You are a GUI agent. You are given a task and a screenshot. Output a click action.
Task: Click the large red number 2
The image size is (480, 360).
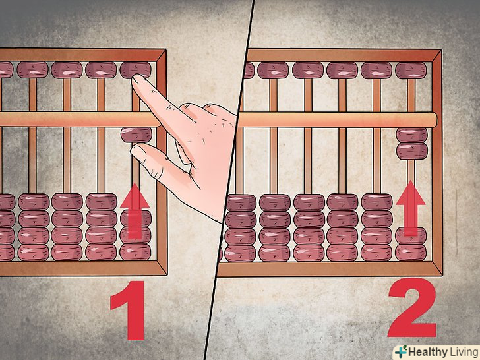412,307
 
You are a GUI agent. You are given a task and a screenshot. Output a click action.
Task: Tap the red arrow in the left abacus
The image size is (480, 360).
135,210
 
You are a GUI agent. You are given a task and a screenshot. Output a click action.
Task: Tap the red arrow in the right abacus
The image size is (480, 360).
411,208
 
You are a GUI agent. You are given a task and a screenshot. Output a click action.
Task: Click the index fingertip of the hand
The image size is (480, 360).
137,80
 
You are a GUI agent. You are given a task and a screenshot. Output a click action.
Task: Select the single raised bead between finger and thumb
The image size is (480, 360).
136,135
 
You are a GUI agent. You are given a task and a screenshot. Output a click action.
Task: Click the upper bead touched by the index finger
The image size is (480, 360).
135,70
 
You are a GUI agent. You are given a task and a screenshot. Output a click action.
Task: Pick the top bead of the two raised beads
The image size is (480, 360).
411,135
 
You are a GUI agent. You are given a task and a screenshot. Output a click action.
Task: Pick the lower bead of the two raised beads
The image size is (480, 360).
411,151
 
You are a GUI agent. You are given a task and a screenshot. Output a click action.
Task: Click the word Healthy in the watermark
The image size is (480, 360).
427,352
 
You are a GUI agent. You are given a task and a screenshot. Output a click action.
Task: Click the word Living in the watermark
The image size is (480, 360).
464,352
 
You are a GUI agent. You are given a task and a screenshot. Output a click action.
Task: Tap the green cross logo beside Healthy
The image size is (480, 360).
401,351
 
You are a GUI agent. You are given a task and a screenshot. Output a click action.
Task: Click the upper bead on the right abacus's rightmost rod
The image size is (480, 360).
411,71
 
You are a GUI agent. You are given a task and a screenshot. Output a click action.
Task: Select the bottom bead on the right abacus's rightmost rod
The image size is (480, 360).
411,253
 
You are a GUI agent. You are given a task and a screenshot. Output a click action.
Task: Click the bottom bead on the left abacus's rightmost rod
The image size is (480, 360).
135,253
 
